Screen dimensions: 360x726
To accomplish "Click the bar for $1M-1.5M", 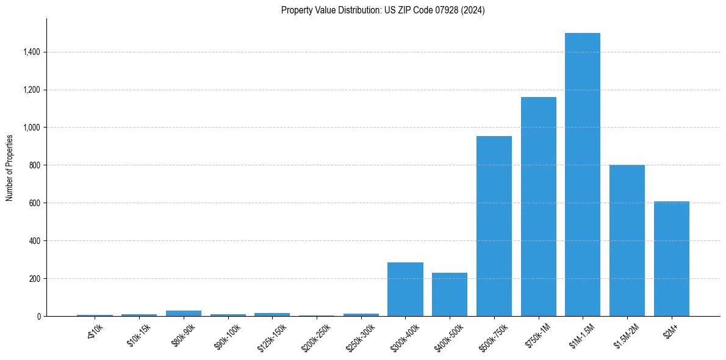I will pos(582,175).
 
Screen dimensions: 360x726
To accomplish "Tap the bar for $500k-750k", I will pos(494,226).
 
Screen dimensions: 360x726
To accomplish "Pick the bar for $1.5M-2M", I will pos(627,240).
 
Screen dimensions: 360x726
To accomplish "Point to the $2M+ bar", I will pos(671,259).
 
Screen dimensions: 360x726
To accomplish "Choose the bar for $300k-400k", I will pos(405,289).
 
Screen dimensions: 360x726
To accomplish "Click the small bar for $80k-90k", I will pos(184,313).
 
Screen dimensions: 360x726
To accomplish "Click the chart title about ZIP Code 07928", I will pos(383,10).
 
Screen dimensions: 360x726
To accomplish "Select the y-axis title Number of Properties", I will pos(10,168).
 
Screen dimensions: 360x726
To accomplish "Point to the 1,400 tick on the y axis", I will pos(31,52).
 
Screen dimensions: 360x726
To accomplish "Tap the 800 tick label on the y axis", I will pos(34,165).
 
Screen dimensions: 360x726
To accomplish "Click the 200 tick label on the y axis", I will pos(34,279).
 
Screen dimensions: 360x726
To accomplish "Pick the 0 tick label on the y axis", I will pos(38,317).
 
